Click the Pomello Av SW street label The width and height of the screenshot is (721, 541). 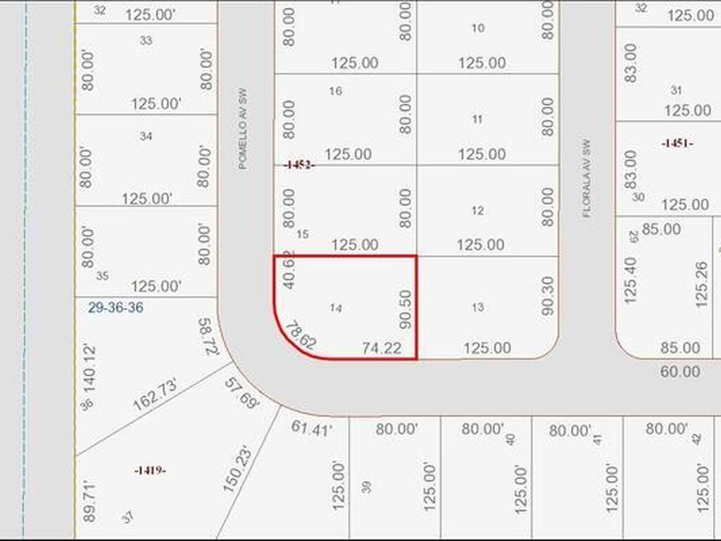243,129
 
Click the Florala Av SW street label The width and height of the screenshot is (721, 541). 587,178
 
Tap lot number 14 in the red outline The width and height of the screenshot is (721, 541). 337,308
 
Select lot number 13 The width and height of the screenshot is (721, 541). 478,306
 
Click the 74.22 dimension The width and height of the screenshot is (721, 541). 382,347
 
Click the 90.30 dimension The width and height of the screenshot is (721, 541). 548,295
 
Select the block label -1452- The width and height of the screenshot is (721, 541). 299,165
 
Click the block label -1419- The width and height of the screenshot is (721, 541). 150,470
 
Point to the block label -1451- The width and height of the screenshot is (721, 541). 677,143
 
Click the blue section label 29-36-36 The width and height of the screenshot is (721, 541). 117,308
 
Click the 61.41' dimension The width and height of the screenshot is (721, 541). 311,428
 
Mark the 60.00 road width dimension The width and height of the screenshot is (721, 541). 680,371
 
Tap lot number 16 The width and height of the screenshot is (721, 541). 335,90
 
